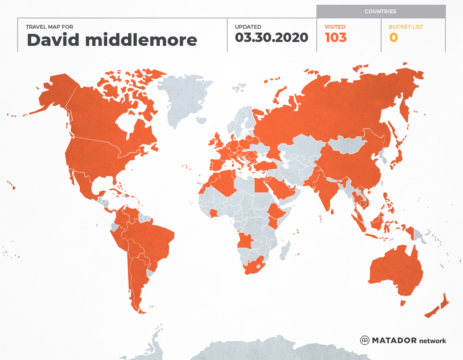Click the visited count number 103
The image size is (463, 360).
pyautogui.click(x=335, y=38)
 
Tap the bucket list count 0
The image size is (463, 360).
pyautogui.click(x=393, y=38)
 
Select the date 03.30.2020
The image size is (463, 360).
pyautogui.click(x=271, y=38)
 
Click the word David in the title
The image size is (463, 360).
pyautogui.click(x=53, y=40)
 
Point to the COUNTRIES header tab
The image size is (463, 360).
pyautogui.click(x=380, y=12)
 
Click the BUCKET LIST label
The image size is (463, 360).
pyautogui.click(x=406, y=27)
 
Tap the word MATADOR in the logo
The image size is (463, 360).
pyautogui.click(x=394, y=340)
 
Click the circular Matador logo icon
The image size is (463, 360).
pyautogui.click(x=365, y=340)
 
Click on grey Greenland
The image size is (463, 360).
pyautogui.click(x=184, y=99)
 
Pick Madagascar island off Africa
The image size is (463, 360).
pyautogui.click(x=285, y=251)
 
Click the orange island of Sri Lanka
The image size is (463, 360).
pyautogui.click(x=332, y=210)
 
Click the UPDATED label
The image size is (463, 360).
pyautogui.click(x=248, y=27)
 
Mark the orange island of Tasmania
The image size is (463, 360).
pyautogui.click(x=403, y=303)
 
